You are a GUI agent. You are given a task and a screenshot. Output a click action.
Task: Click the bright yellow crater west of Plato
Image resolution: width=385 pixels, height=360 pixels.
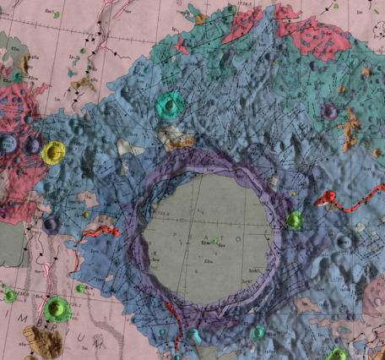[x=53, y=152]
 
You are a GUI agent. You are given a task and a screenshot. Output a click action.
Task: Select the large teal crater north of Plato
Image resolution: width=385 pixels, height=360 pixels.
[x=171, y=105]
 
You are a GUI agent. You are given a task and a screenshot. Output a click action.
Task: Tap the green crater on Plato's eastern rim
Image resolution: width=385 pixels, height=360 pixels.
[x=294, y=221]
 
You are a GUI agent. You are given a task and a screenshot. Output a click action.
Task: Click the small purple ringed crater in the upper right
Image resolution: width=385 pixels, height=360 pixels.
[x=329, y=111]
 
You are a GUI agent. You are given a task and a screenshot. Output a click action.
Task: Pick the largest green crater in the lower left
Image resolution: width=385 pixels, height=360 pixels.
[x=57, y=308]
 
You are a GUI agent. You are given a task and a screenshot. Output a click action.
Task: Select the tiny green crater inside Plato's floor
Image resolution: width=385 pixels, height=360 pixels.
[x=215, y=240]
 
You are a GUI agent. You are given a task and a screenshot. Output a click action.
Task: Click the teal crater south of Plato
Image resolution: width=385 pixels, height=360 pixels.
[x=258, y=332]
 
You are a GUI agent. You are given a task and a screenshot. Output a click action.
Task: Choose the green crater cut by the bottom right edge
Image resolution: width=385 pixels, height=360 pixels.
[x=337, y=354]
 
